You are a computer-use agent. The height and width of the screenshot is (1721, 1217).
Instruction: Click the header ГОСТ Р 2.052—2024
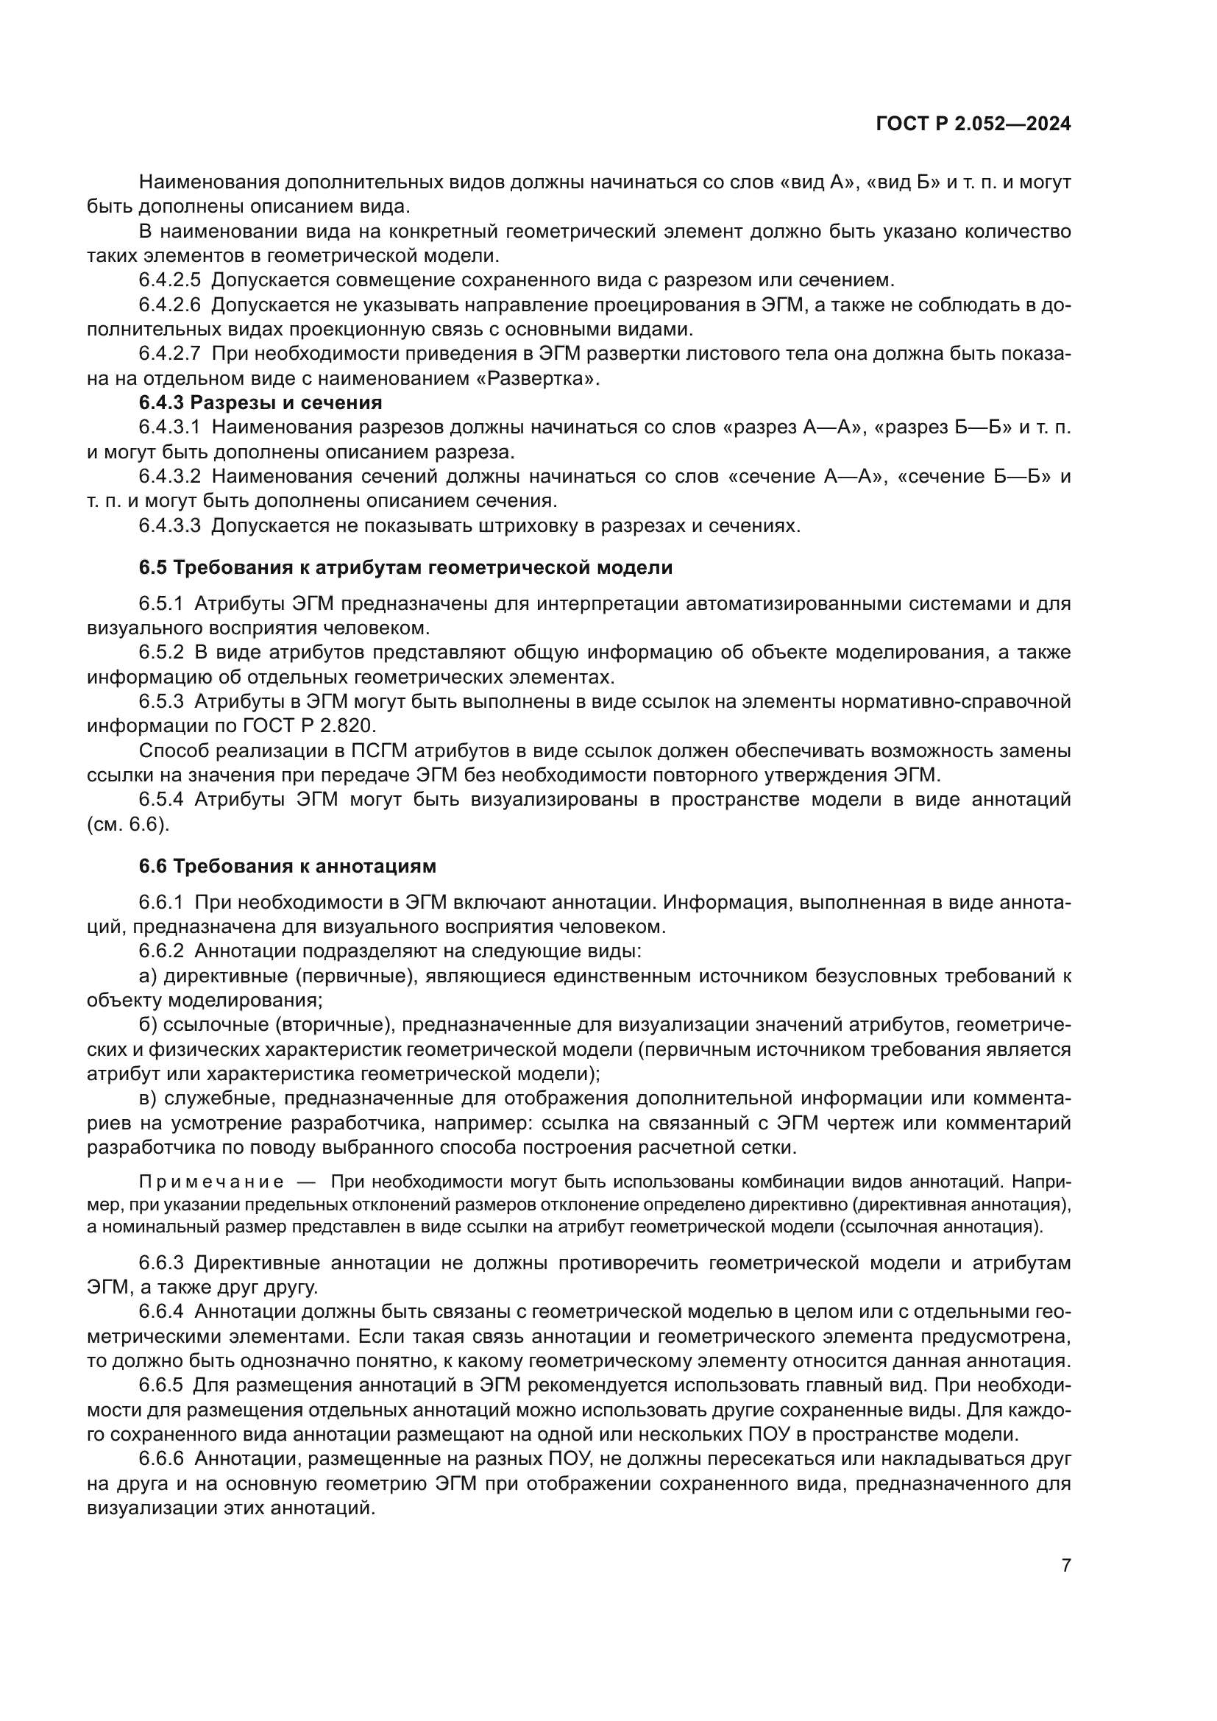click(x=973, y=124)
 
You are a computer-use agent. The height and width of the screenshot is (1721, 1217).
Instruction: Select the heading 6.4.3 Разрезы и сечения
click(x=260, y=402)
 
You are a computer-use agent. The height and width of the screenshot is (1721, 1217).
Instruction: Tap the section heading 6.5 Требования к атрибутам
click(x=405, y=567)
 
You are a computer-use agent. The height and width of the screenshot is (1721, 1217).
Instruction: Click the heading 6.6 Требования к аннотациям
click(x=287, y=866)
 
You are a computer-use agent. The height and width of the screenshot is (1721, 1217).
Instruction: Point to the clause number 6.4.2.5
click(x=169, y=280)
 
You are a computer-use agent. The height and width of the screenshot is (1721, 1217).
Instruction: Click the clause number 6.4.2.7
click(x=169, y=354)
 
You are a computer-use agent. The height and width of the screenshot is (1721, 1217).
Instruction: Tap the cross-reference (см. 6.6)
click(x=128, y=824)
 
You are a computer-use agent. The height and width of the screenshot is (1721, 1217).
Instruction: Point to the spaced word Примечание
click(x=211, y=1182)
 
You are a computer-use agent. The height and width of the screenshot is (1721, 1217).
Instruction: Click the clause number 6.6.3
click(x=161, y=1263)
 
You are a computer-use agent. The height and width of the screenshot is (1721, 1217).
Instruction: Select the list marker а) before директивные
click(x=148, y=976)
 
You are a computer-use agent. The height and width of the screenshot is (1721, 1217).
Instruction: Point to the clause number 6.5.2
click(x=161, y=652)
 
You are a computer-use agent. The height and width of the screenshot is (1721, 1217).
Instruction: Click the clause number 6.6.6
click(x=161, y=1458)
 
